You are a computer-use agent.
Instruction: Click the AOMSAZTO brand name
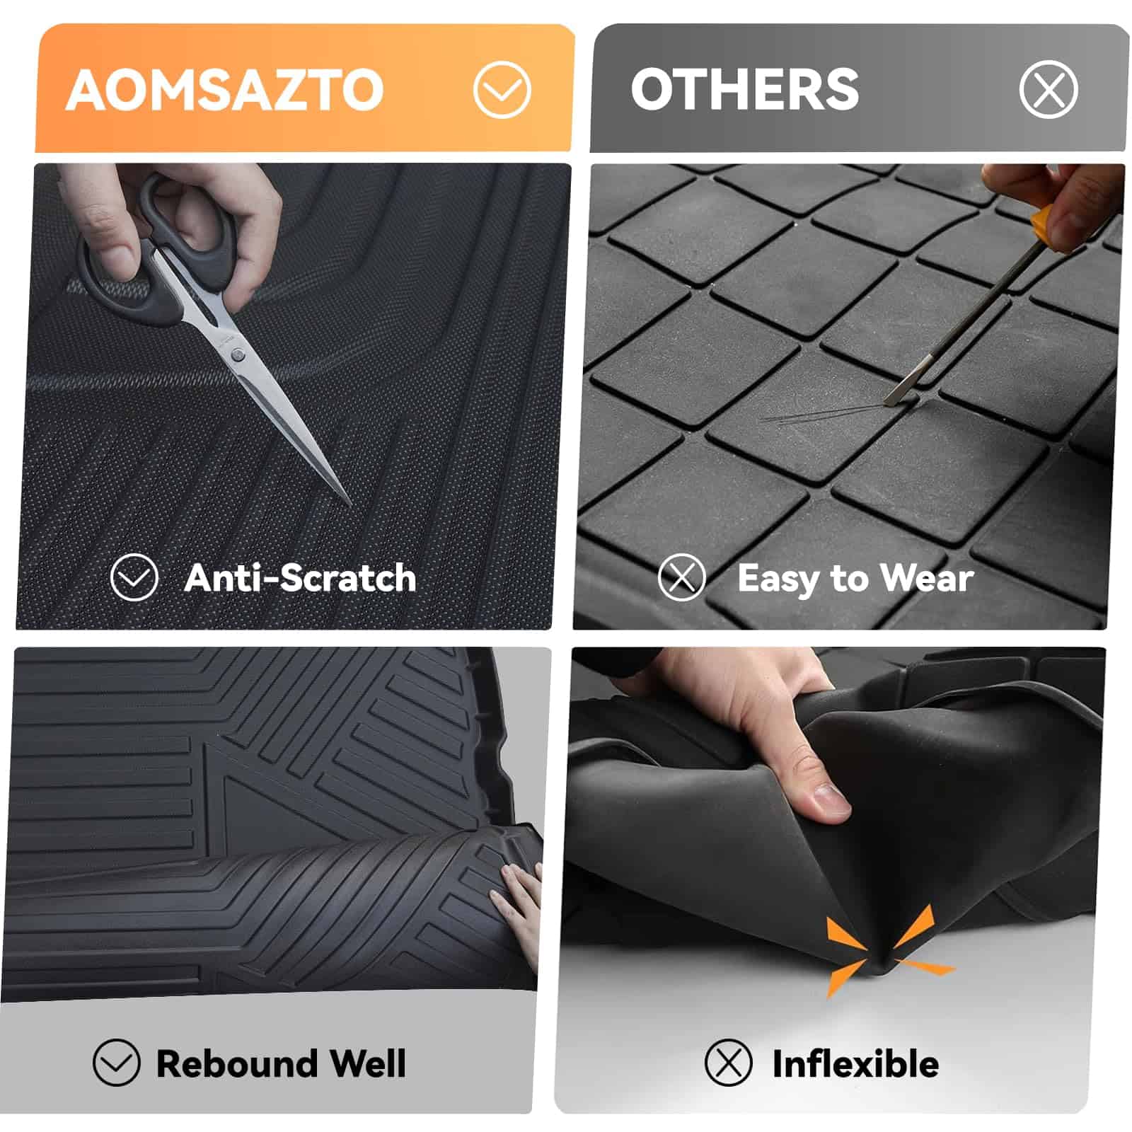[225, 90]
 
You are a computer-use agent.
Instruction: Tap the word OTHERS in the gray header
[745, 90]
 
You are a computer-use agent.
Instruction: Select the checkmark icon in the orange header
[502, 90]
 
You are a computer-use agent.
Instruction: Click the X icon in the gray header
[1049, 90]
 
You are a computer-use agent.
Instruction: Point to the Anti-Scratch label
[300, 577]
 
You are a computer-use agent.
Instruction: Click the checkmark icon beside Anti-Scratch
[134, 577]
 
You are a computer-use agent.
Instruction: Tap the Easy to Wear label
[855, 579]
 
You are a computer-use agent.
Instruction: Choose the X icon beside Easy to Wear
[681, 577]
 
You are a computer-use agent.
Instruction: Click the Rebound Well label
[282, 1063]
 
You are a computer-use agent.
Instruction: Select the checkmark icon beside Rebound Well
[116, 1063]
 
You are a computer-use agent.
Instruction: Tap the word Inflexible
[855, 1063]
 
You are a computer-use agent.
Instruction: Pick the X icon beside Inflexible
[728, 1063]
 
